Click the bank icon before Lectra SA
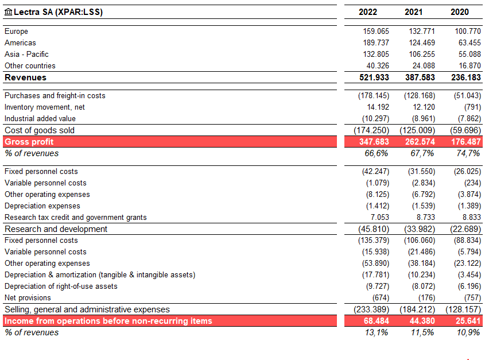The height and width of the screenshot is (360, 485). tap(9, 12)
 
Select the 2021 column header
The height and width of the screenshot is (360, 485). tap(413, 12)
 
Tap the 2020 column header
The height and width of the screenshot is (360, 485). tap(459, 12)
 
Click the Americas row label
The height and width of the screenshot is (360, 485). tap(20, 42)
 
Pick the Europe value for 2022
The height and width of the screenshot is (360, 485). tap(376, 31)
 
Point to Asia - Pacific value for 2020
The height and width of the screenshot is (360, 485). tap(470, 54)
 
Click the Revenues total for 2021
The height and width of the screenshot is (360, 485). tap(420, 78)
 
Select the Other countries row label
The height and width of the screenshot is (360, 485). tap(30, 65)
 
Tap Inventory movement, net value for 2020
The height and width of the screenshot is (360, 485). tap(472, 107)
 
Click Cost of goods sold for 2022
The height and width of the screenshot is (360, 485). tap(371, 130)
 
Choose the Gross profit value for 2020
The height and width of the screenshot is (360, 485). tap(466, 142)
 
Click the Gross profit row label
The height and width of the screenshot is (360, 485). tap(29, 142)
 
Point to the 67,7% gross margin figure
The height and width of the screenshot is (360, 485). tap(422, 153)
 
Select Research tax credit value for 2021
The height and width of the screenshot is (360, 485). tap(426, 217)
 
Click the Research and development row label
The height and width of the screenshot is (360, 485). tap(56, 229)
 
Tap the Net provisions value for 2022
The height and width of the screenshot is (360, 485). tap(381, 298)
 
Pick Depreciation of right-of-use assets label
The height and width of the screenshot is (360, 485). tap(61, 287)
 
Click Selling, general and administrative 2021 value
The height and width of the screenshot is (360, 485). tap(417, 309)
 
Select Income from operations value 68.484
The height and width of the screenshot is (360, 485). tap(376, 321)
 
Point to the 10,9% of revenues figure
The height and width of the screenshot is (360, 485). tap(468, 332)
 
